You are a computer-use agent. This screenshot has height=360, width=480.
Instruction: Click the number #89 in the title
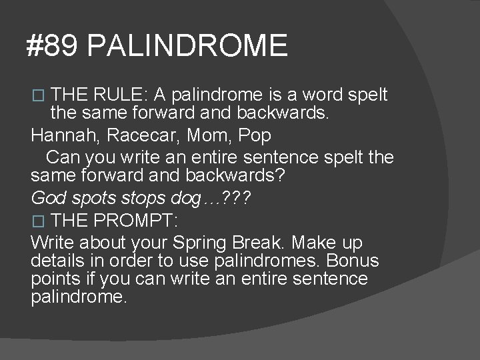[53, 46]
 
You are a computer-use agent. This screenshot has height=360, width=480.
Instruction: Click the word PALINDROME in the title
[187, 46]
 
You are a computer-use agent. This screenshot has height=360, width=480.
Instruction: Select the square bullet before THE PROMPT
[37, 220]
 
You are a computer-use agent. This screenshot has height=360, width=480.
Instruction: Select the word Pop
[256, 136]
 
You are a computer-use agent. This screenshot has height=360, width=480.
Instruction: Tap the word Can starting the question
[62, 158]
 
